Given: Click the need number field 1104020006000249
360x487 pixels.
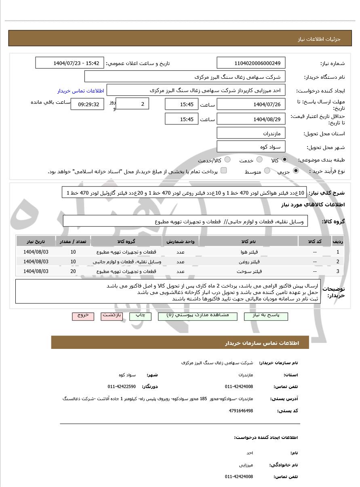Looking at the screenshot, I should [251, 63].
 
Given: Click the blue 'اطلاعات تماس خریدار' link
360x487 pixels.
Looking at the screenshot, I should [80, 91].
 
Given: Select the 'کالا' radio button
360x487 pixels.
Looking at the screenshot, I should [285, 160].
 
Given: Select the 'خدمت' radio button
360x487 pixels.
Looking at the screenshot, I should [259, 160].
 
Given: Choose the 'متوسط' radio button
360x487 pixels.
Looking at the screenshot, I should [267, 171].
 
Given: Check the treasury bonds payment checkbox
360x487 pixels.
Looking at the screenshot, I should [223, 171].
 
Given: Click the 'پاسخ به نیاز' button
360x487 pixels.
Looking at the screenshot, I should [266, 316].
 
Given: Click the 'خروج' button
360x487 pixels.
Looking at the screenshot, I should [83, 316].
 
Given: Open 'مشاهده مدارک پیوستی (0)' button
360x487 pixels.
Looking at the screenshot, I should [198, 316].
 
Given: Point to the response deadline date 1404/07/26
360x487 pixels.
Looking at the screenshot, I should [251, 105].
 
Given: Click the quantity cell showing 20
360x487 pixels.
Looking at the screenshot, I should [73, 271].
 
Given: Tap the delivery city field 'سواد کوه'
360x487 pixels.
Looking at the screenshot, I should [251, 147].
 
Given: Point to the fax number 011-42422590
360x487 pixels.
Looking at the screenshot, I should [122, 386].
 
